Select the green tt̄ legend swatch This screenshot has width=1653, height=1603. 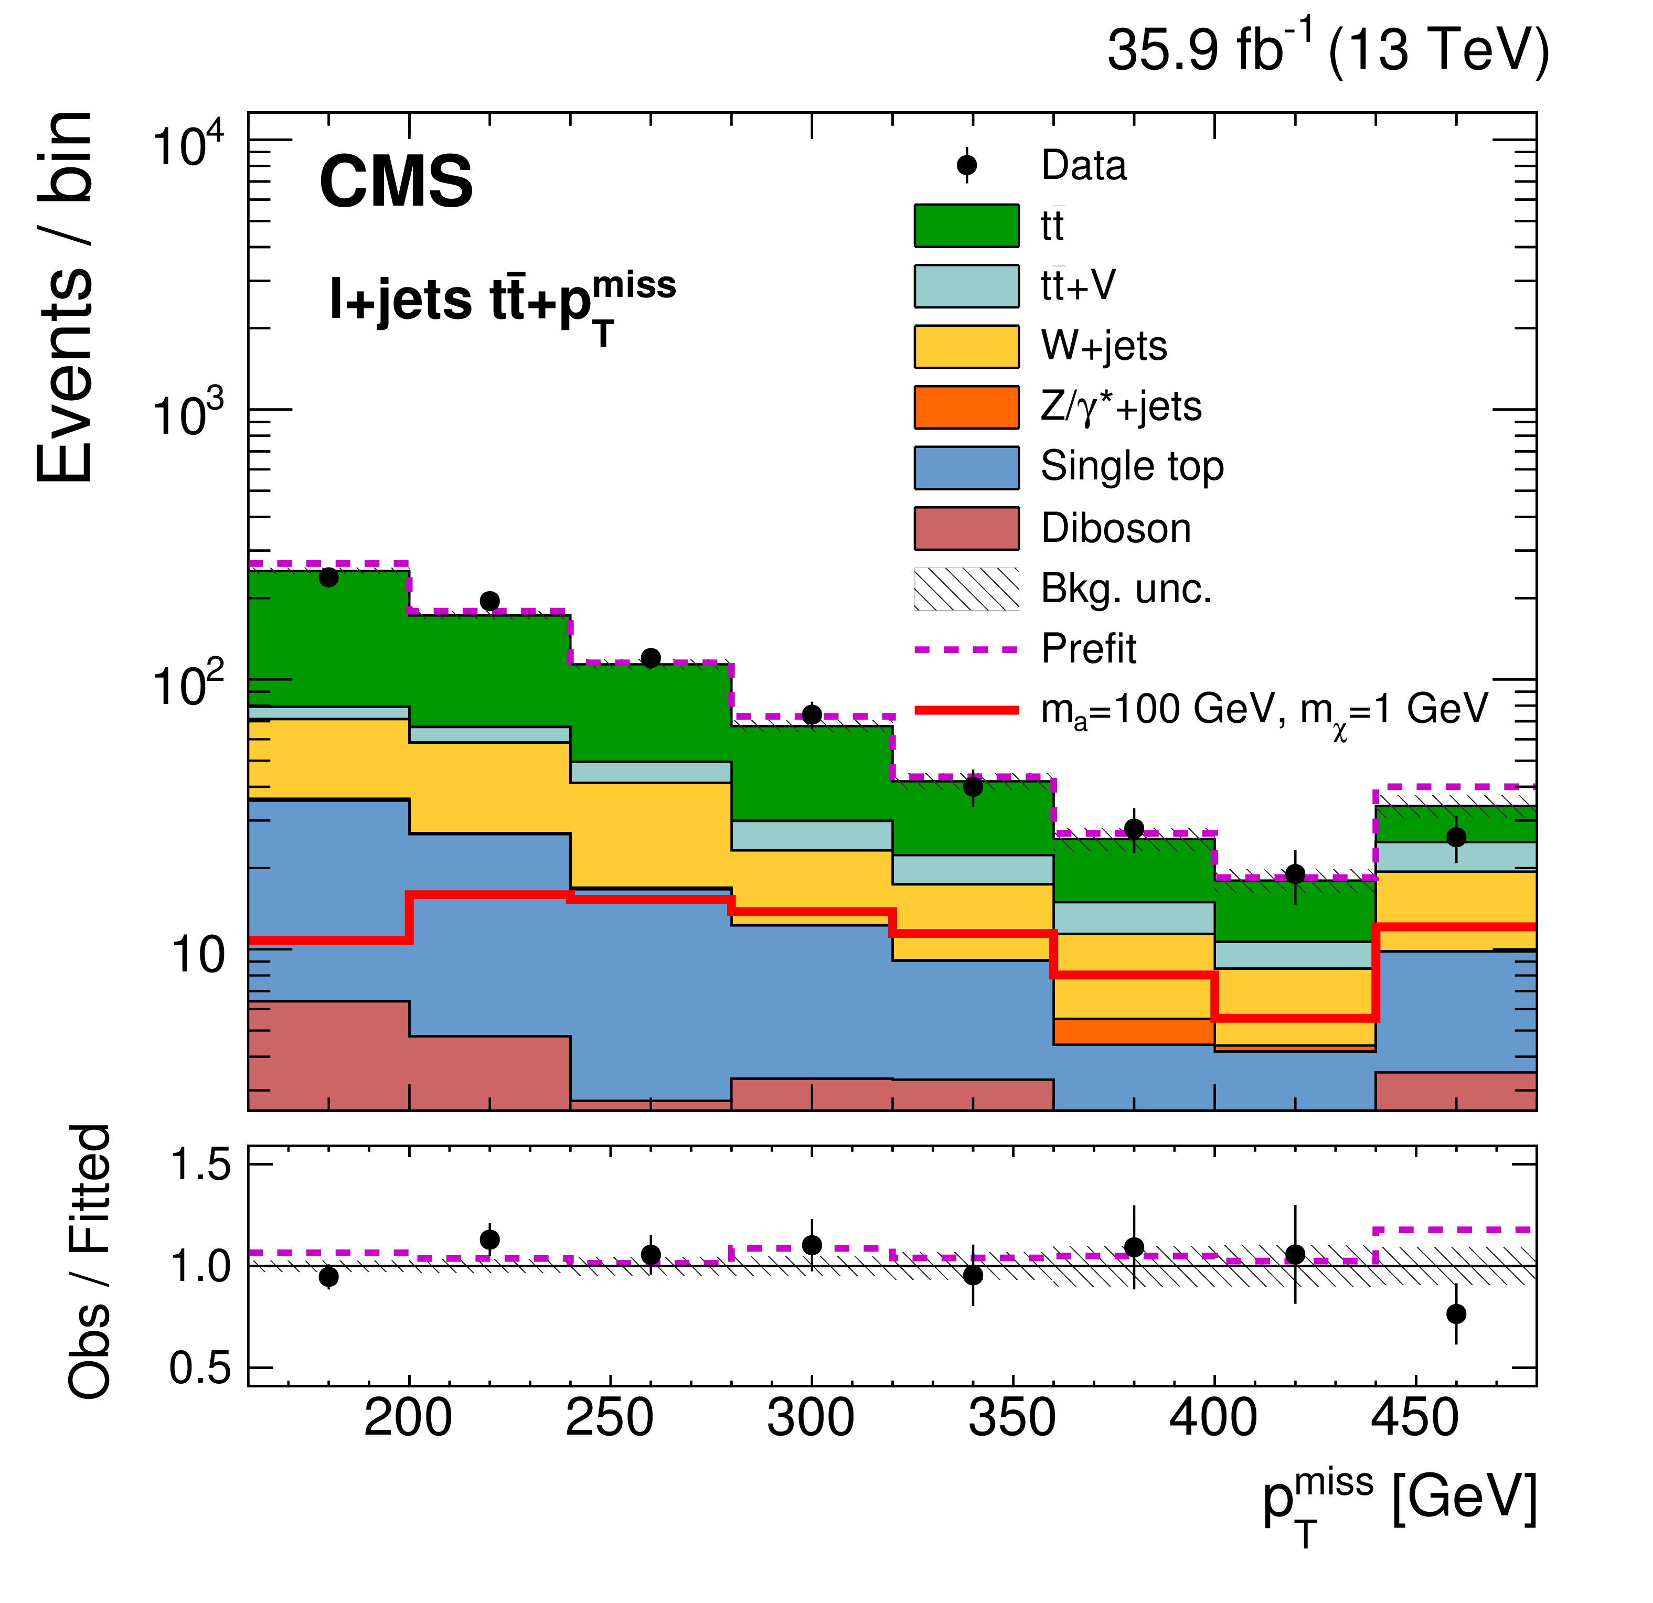pyautogui.click(x=966, y=226)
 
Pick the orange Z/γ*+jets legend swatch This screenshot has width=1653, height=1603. pyautogui.click(x=966, y=407)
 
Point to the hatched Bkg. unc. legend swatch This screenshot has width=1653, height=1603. pyautogui.click(x=966, y=589)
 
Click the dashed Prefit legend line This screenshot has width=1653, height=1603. pyautogui.click(x=966, y=649)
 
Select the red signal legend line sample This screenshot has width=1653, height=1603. pyautogui.click(x=966, y=710)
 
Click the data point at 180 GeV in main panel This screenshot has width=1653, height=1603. pyautogui.click(x=329, y=578)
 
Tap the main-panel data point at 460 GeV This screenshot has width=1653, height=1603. pyautogui.click(x=1456, y=837)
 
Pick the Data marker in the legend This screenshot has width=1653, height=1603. pyautogui.click(x=966, y=165)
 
